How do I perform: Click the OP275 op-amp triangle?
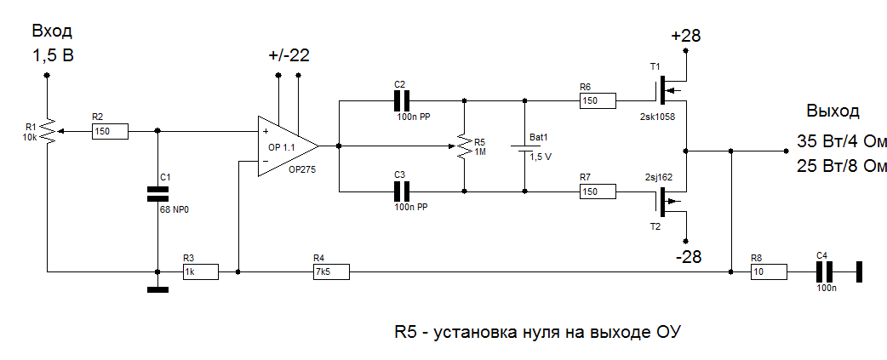(285, 146)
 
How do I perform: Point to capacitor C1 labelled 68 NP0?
(157, 192)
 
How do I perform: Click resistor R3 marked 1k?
(199, 271)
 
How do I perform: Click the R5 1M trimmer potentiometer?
(463, 146)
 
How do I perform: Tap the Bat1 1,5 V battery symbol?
(524, 146)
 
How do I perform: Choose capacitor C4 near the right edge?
(823, 271)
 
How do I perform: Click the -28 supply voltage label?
(687, 256)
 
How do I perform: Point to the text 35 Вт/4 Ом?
(842, 141)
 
